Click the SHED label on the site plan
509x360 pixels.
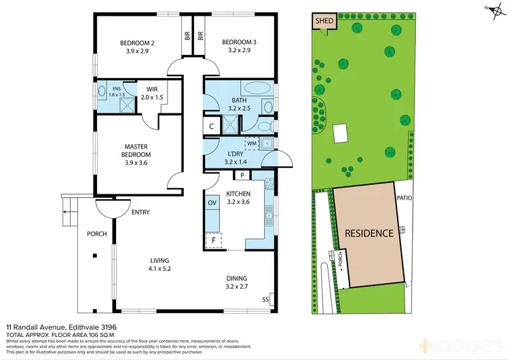324,21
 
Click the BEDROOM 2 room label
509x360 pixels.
132,43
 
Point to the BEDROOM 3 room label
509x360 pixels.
242,43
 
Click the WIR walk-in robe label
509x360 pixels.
147,88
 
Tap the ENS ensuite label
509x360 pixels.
116,88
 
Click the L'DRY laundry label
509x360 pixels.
235,154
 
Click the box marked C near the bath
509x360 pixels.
212,126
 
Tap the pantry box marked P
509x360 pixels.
242,175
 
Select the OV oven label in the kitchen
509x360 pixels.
211,202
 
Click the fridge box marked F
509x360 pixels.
213,240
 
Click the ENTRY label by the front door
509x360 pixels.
140,213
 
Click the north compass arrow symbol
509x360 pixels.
487,8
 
